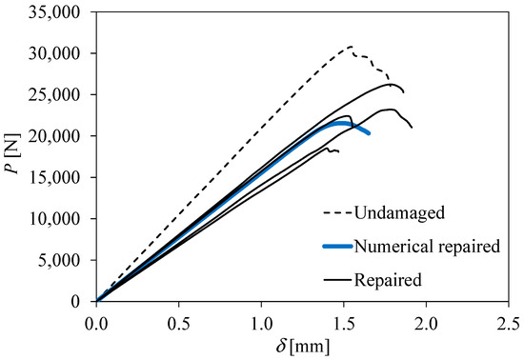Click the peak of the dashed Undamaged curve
(x=350, y=47)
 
